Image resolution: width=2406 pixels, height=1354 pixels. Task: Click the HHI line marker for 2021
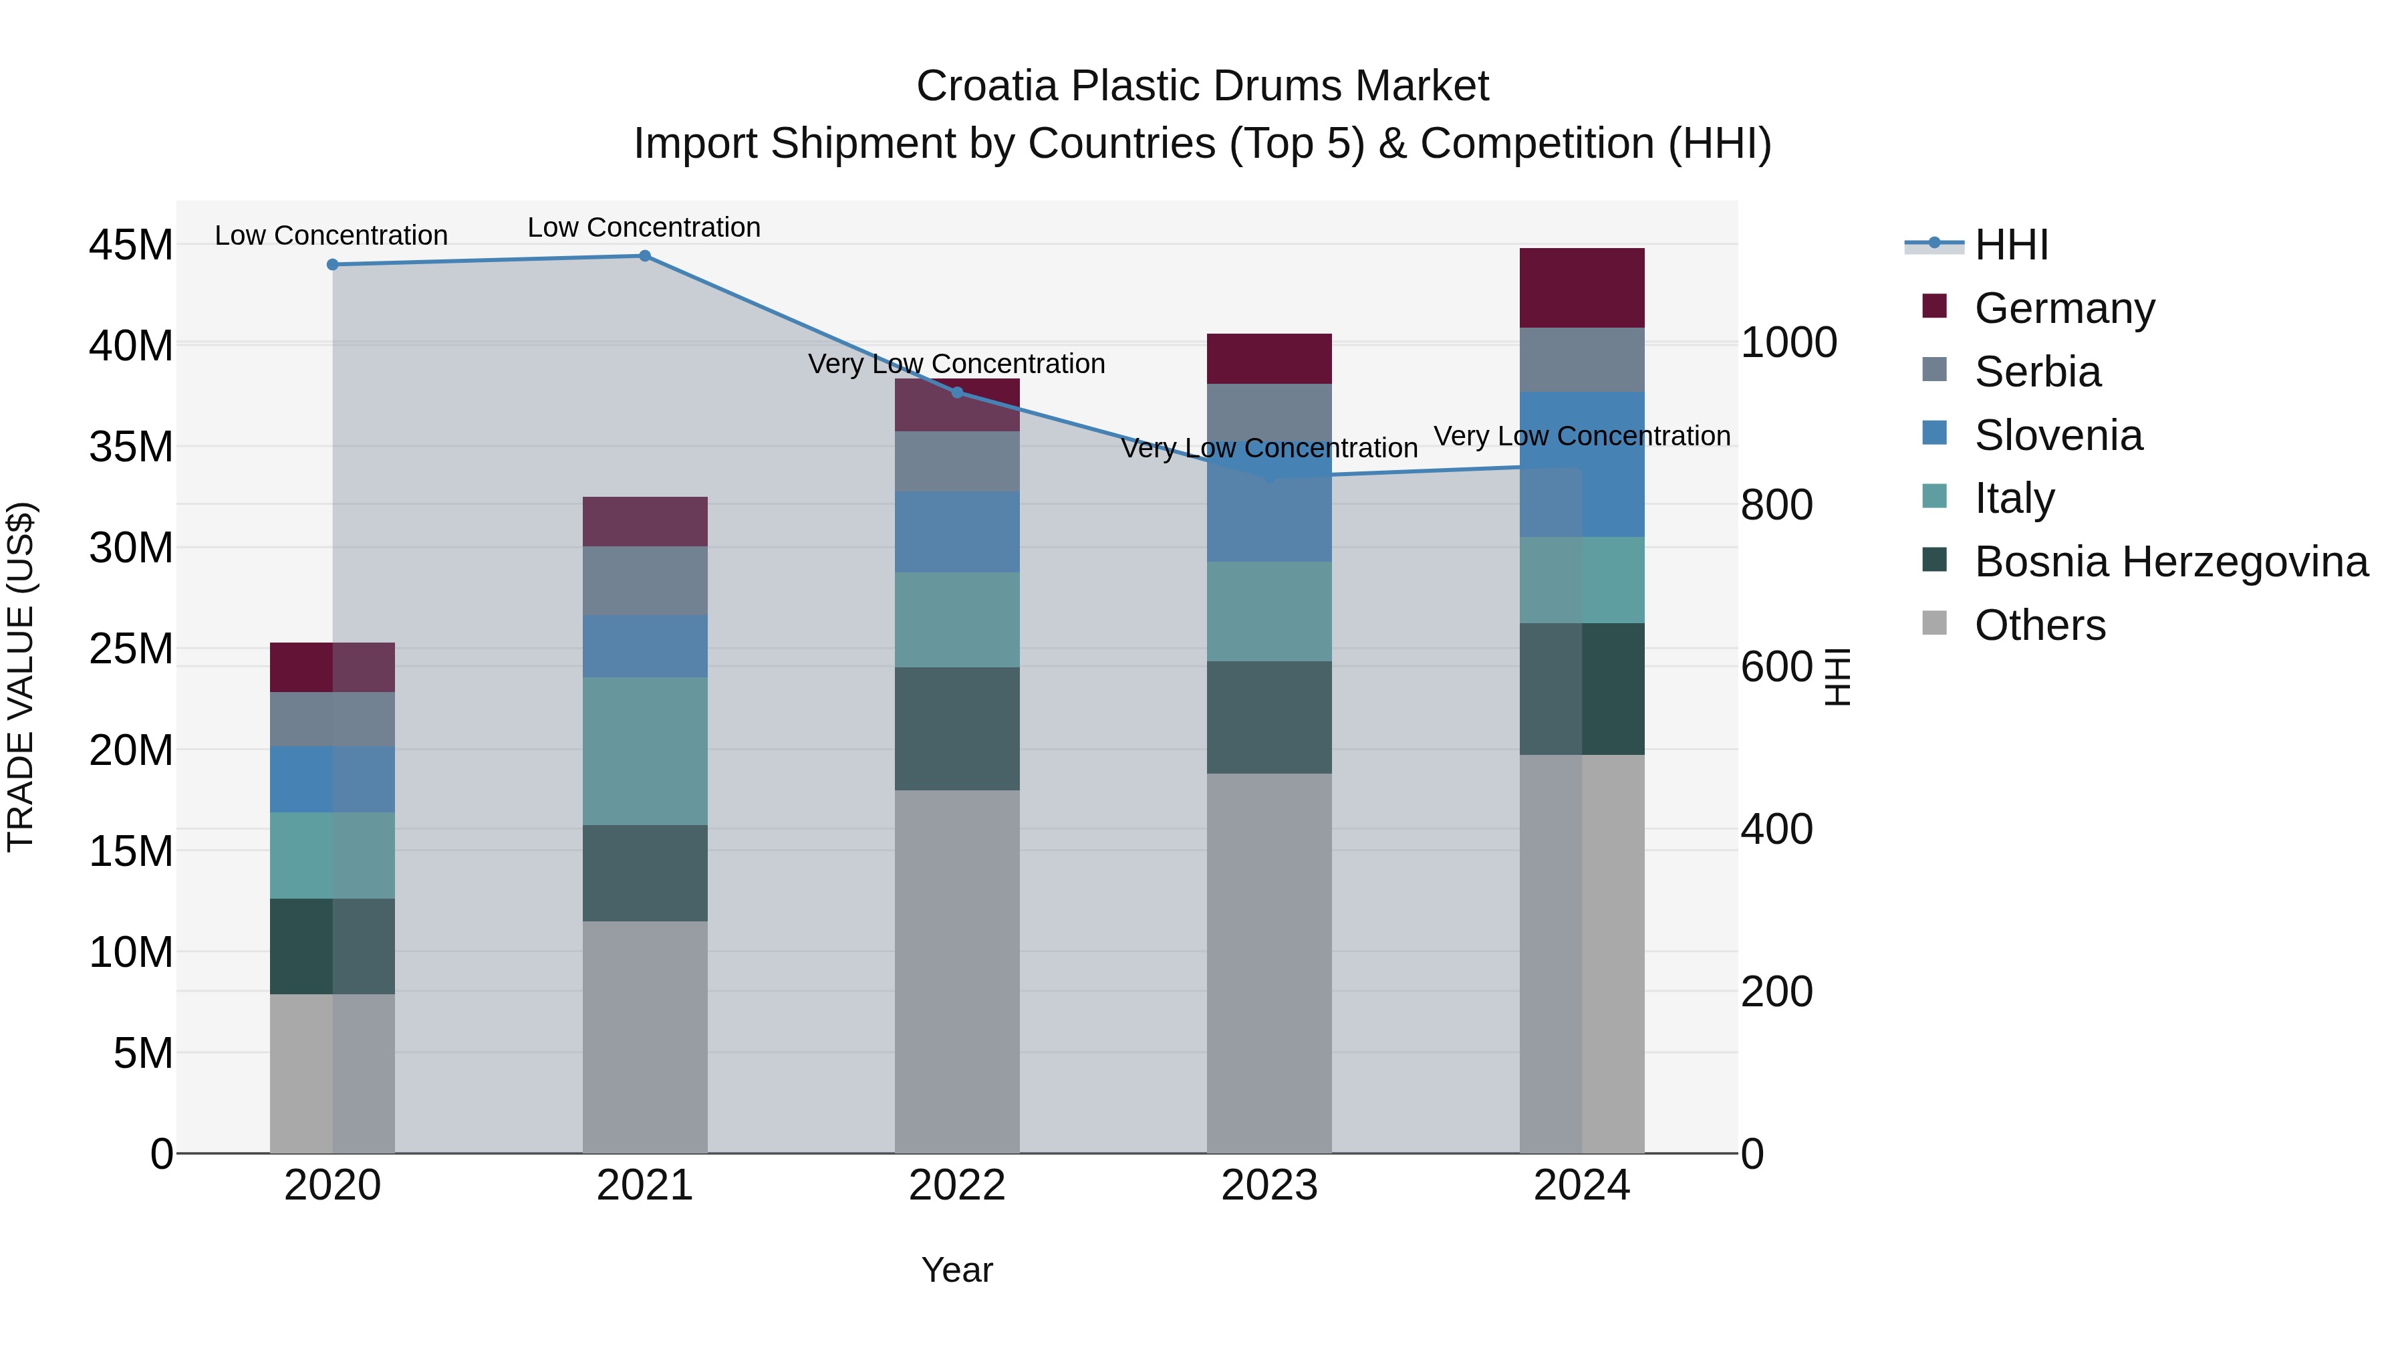point(644,256)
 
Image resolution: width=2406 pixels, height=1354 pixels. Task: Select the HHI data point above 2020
point(333,264)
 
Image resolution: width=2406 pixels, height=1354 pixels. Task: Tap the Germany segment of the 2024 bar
point(1581,288)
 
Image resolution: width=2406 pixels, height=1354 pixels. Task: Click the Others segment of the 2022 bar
point(956,972)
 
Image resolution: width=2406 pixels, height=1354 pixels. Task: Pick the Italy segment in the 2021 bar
point(644,752)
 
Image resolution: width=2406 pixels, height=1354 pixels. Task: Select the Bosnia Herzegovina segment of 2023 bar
point(1268,717)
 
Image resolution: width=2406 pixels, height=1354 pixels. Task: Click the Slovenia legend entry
point(2058,435)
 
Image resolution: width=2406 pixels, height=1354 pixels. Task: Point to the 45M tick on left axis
point(131,246)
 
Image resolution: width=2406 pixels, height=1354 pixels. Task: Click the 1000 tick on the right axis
point(1788,343)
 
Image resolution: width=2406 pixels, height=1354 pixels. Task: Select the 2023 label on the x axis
point(1268,1186)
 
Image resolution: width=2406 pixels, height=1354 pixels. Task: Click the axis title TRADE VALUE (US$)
point(21,677)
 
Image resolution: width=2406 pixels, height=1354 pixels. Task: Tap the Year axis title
point(956,1270)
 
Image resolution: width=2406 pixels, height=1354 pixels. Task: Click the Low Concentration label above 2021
point(644,227)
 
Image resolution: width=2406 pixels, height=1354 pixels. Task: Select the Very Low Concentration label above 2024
point(1581,437)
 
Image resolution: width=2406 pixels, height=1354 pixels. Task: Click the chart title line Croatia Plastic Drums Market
point(1202,86)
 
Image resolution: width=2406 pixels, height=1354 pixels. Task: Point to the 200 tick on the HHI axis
point(1776,992)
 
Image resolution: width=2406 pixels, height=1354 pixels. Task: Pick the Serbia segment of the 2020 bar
point(333,719)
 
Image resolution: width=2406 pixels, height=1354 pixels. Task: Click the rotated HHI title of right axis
point(1837,677)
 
